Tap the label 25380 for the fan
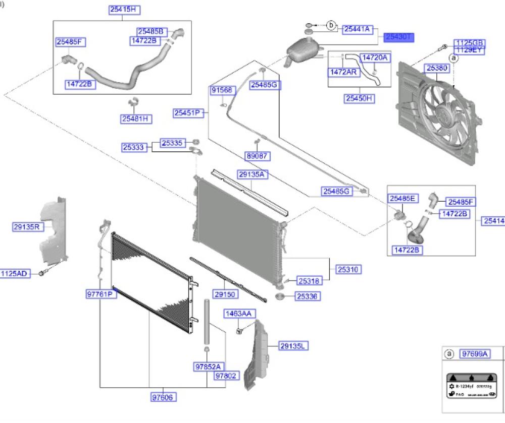[436, 67]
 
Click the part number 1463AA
[238, 314]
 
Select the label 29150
[225, 293]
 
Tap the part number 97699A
[475, 354]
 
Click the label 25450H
[360, 99]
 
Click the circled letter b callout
[331, 25]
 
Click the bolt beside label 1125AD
[42, 274]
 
